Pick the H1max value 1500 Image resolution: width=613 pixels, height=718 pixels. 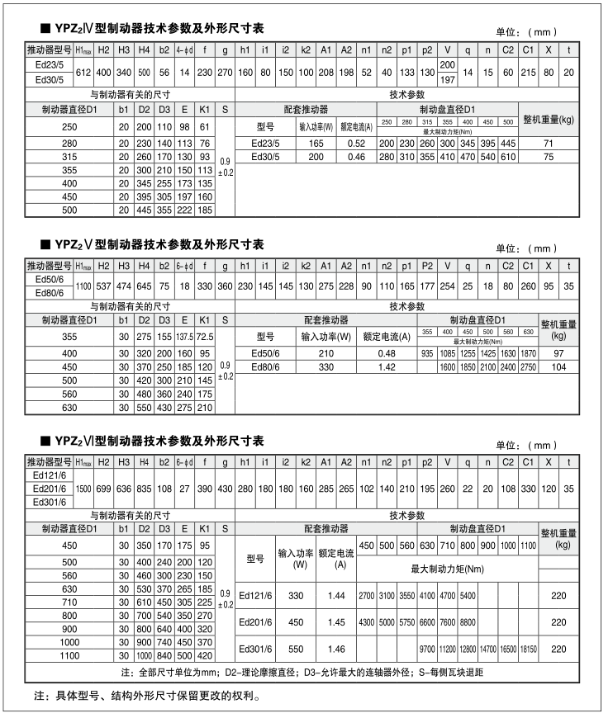click(83, 489)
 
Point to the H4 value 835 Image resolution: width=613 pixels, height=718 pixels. click(144, 489)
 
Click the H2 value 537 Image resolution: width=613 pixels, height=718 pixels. click(103, 286)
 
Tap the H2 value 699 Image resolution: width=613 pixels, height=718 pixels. click(103, 489)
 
